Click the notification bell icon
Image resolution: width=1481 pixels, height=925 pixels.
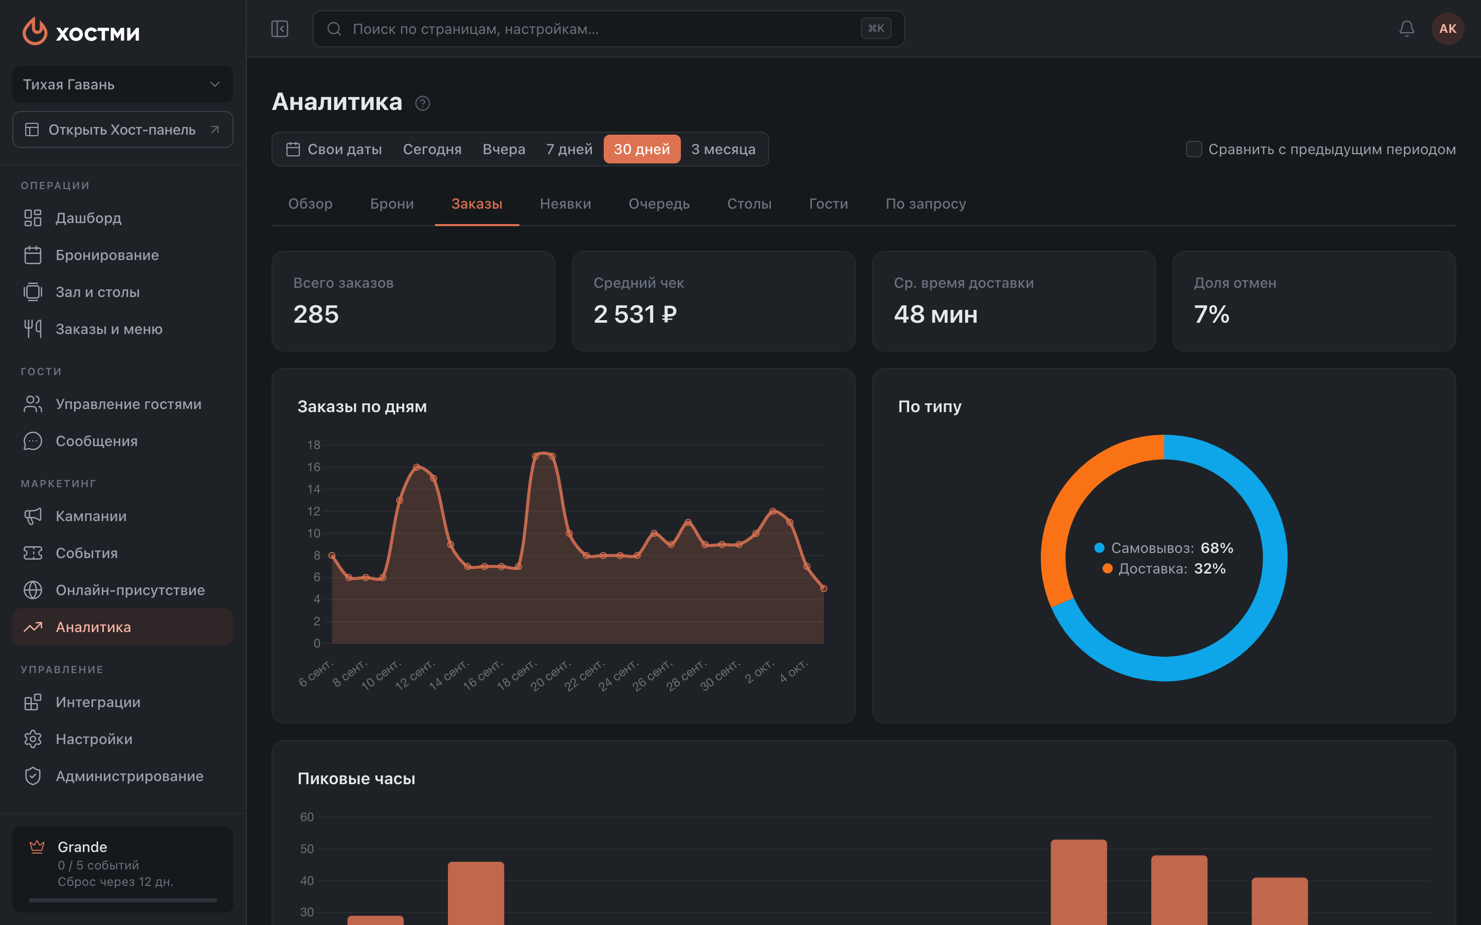1406,29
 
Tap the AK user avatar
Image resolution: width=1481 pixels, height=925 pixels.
1448,29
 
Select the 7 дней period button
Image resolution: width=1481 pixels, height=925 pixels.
569,149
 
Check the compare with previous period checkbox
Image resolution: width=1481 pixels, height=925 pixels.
1194,149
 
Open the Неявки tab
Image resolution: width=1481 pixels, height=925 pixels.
566,203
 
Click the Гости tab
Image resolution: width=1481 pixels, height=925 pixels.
828,203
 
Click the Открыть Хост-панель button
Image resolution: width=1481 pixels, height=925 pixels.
122,129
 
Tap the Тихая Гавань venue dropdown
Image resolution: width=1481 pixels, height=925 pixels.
122,84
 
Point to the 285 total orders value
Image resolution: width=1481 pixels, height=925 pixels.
316,314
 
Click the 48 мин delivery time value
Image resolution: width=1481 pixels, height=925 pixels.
935,314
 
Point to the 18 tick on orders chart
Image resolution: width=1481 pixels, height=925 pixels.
313,445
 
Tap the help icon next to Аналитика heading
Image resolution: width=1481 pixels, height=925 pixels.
422,103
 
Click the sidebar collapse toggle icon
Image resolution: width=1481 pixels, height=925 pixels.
280,29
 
